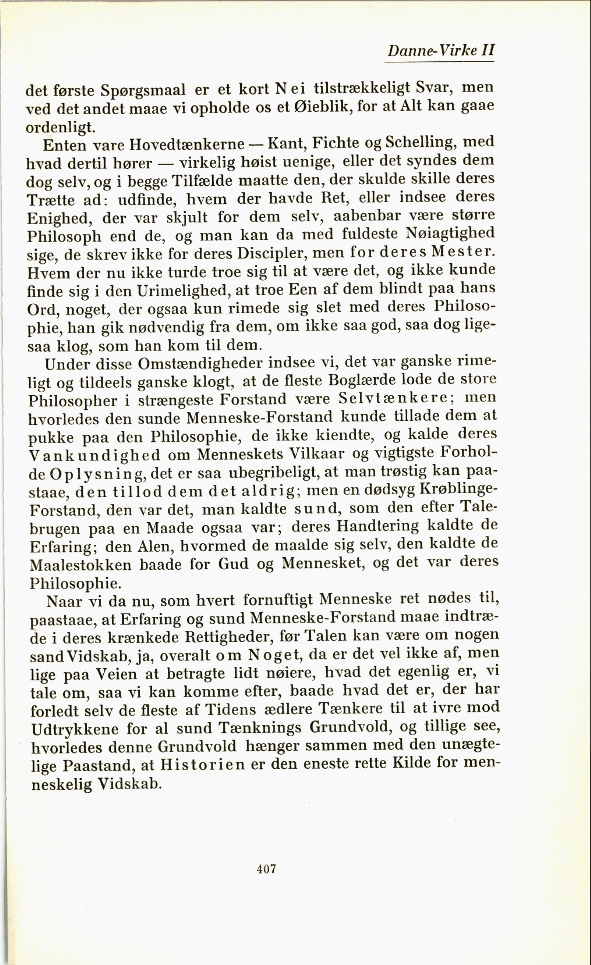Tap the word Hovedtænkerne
coord(187,145)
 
